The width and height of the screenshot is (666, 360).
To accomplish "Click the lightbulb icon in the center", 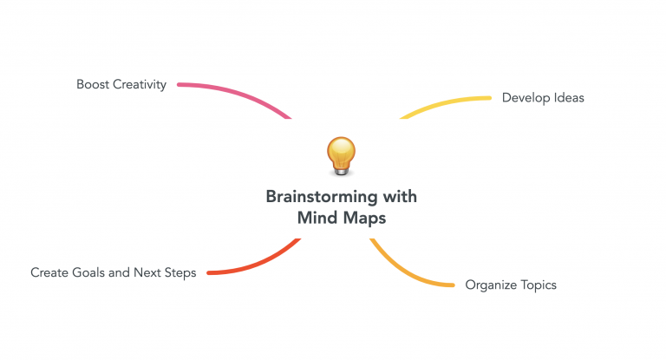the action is (x=341, y=156).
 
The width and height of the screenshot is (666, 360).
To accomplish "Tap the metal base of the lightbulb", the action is (x=341, y=171).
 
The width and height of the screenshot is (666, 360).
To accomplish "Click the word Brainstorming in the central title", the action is (x=322, y=197).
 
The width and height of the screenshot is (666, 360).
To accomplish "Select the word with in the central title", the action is (x=400, y=196).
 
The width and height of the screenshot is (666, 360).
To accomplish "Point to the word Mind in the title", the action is (x=317, y=218).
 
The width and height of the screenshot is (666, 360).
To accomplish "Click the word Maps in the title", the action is (x=364, y=219).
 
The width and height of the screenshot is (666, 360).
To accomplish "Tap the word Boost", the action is (x=93, y=84).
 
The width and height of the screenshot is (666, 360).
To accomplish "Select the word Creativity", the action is (x=140, y=85).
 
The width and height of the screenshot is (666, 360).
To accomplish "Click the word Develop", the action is (x=526, y=98).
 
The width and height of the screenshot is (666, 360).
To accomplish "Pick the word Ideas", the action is (x=569, y=98).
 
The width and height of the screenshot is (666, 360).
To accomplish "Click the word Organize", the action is (x=491, y=285).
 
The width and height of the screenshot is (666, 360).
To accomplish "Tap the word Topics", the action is (x=539, y=285).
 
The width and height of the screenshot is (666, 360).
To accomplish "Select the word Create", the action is (x=49, y=272).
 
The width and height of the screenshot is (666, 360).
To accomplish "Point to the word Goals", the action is (x=88, y=272).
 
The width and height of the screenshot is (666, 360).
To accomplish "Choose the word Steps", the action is (x=180, y=273).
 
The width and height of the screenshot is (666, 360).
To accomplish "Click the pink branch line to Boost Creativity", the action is (x=238, y=94).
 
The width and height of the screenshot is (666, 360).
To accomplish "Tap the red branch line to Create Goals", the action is (x=260, y=264).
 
